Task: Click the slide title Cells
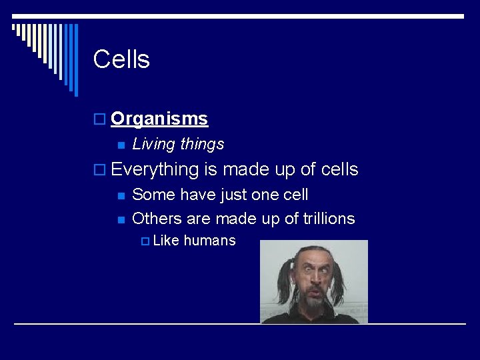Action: pyautogui.click(x=121, y=59)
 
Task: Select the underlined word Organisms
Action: pyautogui.click(x=159, y=119)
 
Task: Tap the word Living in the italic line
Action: pyautogui.click(x=152, y=144)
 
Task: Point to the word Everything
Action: pyautogui.click(x=155, y=170)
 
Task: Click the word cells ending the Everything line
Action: pyautogui.click(x=339, y=170)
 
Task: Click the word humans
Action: pyautogui.click(x=209, y=241)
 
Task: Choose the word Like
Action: pyautogui.click(x=166, y=241)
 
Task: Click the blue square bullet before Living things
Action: pyautogui.click(x=121, y=145)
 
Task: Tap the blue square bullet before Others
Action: pyautogui.click(x=121, y=219)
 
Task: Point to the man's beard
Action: pyautogui.click(x=312, y=303)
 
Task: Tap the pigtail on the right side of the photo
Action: pyautogui.click(x=339, y=283)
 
